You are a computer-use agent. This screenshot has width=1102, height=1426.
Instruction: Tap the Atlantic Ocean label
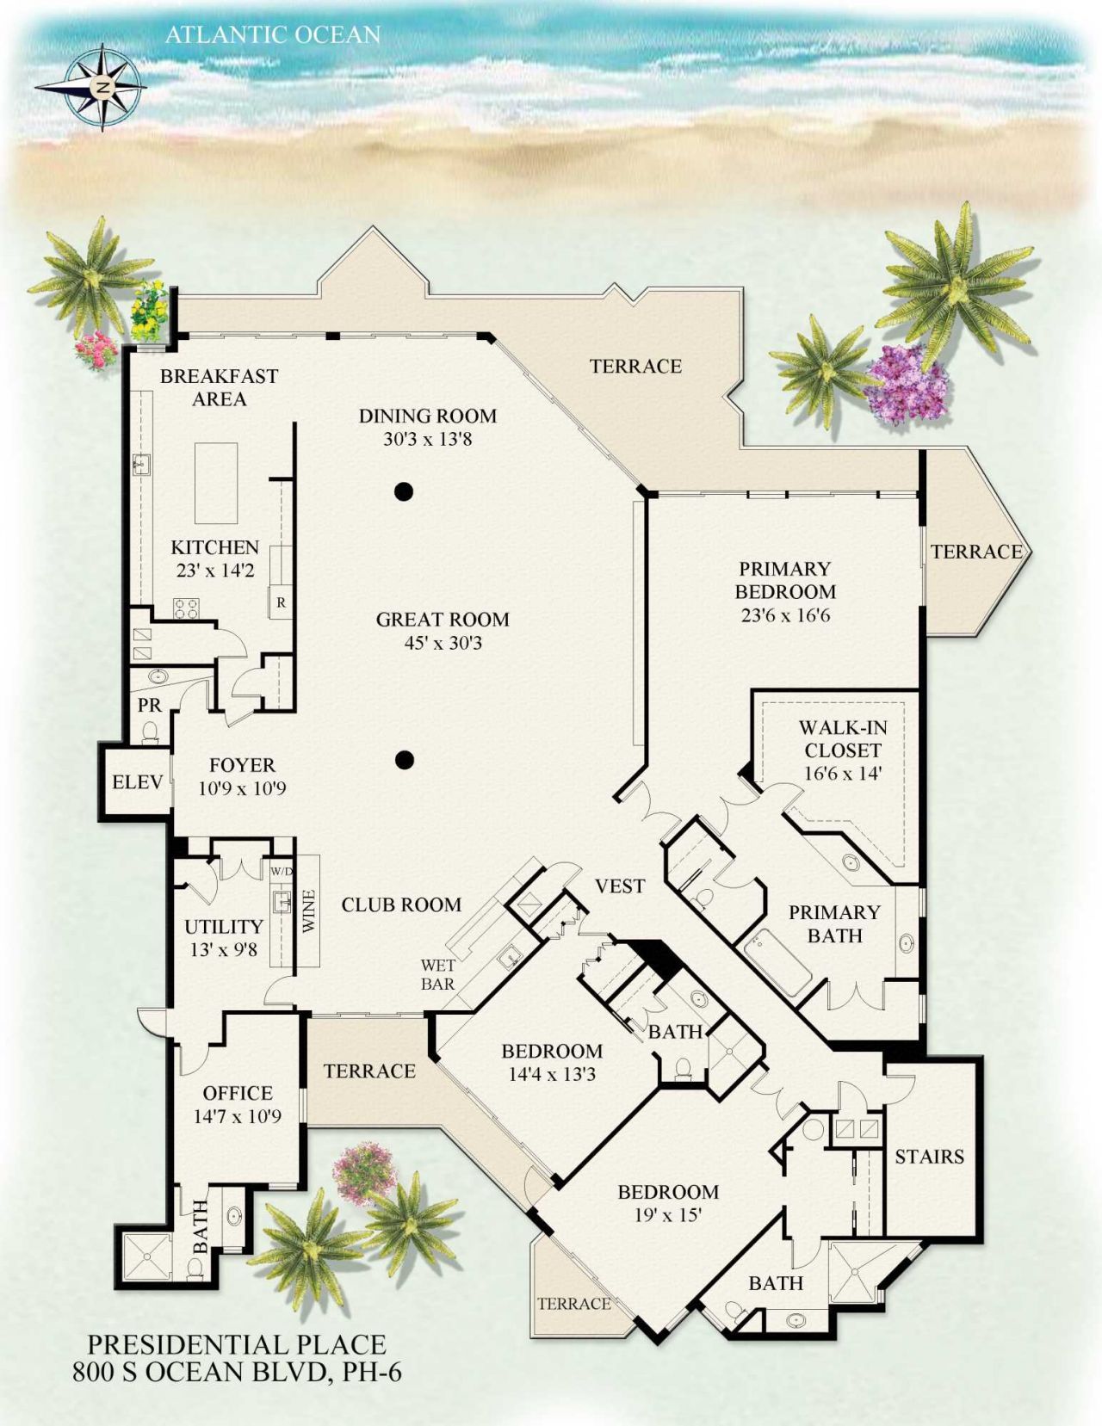pos(272,34)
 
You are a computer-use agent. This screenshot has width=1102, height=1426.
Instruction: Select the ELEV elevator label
pos(138,781)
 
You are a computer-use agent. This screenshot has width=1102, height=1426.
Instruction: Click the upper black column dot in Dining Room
pos(404,492)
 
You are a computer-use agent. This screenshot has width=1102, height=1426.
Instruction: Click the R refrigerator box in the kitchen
pos(281,603)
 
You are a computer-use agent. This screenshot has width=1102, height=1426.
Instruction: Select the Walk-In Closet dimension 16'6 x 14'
pos(843,773)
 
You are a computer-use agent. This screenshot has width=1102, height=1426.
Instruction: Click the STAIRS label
pos(929,1156)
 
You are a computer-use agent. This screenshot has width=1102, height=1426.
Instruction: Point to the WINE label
pos(309,911)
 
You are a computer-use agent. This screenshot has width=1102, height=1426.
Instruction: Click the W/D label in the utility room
pos(282,871)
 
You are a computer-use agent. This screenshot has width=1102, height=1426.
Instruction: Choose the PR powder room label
pos(150,706)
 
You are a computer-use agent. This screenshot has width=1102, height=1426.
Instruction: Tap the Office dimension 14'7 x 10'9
pos(238,1116)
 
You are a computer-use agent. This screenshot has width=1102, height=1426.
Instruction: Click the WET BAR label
pos(437,974)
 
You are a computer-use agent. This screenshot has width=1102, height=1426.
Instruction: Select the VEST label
pos(620,886)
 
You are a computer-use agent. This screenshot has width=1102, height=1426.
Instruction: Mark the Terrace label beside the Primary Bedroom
pos(976,551)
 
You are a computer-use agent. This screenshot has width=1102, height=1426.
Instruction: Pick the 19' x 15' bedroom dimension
pos(668,1215)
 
